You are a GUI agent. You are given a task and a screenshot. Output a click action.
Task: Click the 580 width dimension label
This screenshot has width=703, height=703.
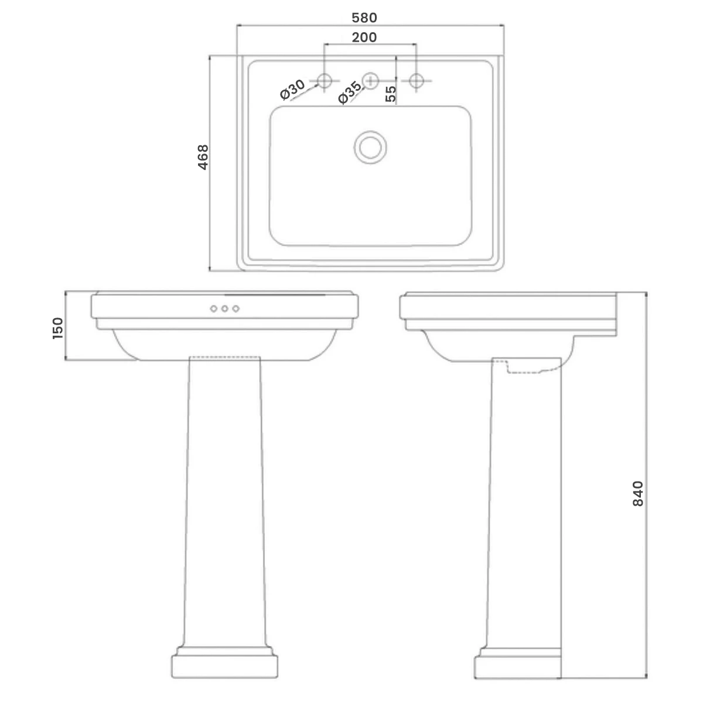click(364, 18)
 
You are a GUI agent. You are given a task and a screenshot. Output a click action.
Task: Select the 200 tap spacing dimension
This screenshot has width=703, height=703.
click(364, 37)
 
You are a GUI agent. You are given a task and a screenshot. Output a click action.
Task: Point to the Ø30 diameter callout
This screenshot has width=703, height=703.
click(292, 90)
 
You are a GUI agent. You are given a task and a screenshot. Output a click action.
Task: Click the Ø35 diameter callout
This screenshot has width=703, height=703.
click(350, 93)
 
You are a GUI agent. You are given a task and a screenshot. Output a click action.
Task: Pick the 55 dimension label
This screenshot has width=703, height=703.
click(391, 94)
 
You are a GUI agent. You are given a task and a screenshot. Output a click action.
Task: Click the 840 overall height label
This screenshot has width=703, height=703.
click(638, 493)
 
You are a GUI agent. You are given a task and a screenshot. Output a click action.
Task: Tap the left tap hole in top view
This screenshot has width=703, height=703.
click(325, 80)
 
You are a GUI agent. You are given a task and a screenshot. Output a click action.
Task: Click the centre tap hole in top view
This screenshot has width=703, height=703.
click(370, 80)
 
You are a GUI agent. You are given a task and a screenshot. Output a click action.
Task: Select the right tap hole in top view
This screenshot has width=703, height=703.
click(416, 80)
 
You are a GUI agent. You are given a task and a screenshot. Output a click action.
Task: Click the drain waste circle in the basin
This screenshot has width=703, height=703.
click(370, 146)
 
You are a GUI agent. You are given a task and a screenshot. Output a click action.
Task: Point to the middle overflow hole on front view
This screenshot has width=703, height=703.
click(225, 309)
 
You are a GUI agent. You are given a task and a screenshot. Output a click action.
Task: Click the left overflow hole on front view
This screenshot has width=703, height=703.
click(214, 309)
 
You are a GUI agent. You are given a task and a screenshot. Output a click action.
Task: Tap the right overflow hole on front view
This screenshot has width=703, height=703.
click(236, 309)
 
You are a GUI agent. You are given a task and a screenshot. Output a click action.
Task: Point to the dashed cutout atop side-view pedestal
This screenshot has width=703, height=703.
click(530, 368)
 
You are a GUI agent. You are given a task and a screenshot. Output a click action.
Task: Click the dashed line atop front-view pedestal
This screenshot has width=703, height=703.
click(225, 357)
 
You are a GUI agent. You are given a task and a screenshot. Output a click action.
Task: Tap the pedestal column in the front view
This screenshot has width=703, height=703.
click(224, 498)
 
